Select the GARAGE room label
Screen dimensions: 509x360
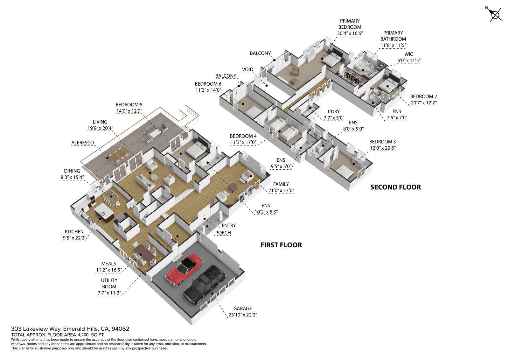(242, 308)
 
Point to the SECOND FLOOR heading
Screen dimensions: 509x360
(395, 187)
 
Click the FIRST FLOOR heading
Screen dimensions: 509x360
(281, 245)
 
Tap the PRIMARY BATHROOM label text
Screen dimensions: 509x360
(393, 36)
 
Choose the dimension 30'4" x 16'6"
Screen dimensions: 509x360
(350, 33)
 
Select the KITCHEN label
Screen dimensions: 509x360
(74, 232)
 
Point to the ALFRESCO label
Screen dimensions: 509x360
(83, 143)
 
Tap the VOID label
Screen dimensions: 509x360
(248, 69)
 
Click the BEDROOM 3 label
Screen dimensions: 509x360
(382, 142)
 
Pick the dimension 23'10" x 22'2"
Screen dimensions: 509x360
(243, 315)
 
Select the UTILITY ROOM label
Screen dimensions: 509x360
(109, 283)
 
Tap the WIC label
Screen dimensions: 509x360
(409, 54)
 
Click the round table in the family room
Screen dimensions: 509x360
(234, 187)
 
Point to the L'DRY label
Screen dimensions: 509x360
(334, 112)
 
